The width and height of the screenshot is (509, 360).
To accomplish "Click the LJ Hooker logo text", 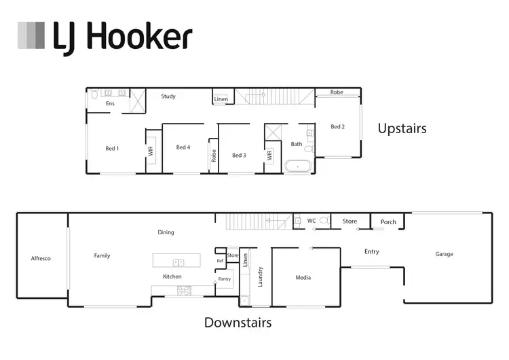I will pos(123,37).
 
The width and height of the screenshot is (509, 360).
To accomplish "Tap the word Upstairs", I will pos(402,128).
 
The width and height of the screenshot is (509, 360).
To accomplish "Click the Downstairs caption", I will pos(238,323).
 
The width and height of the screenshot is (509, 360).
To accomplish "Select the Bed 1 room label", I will pos(112,148).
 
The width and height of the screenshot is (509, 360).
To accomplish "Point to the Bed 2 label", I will pos(338,126).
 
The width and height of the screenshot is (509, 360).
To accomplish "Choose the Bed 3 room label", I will pos(239,156).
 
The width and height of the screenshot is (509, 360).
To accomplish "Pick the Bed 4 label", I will pos(183,147).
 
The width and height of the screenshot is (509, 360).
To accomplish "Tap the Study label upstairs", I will pos(168,96).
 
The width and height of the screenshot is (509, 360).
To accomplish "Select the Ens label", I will pos(110,103).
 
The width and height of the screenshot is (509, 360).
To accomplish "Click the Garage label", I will pos(445,255).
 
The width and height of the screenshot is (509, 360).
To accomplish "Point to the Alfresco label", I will pos(41,258).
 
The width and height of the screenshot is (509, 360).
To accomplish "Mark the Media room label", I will pos(303,277).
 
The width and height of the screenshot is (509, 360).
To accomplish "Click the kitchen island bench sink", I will pos(178,262).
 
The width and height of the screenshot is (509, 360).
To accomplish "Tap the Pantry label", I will pos(224,279).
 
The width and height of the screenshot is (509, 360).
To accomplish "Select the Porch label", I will pos(388,222).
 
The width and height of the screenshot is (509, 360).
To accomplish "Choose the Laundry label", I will pos(259,277).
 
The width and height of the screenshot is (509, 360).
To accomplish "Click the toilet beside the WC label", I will pos(324,221).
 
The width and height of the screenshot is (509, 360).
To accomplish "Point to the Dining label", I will pos(166,232).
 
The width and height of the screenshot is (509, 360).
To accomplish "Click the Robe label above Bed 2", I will pos(337,92).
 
